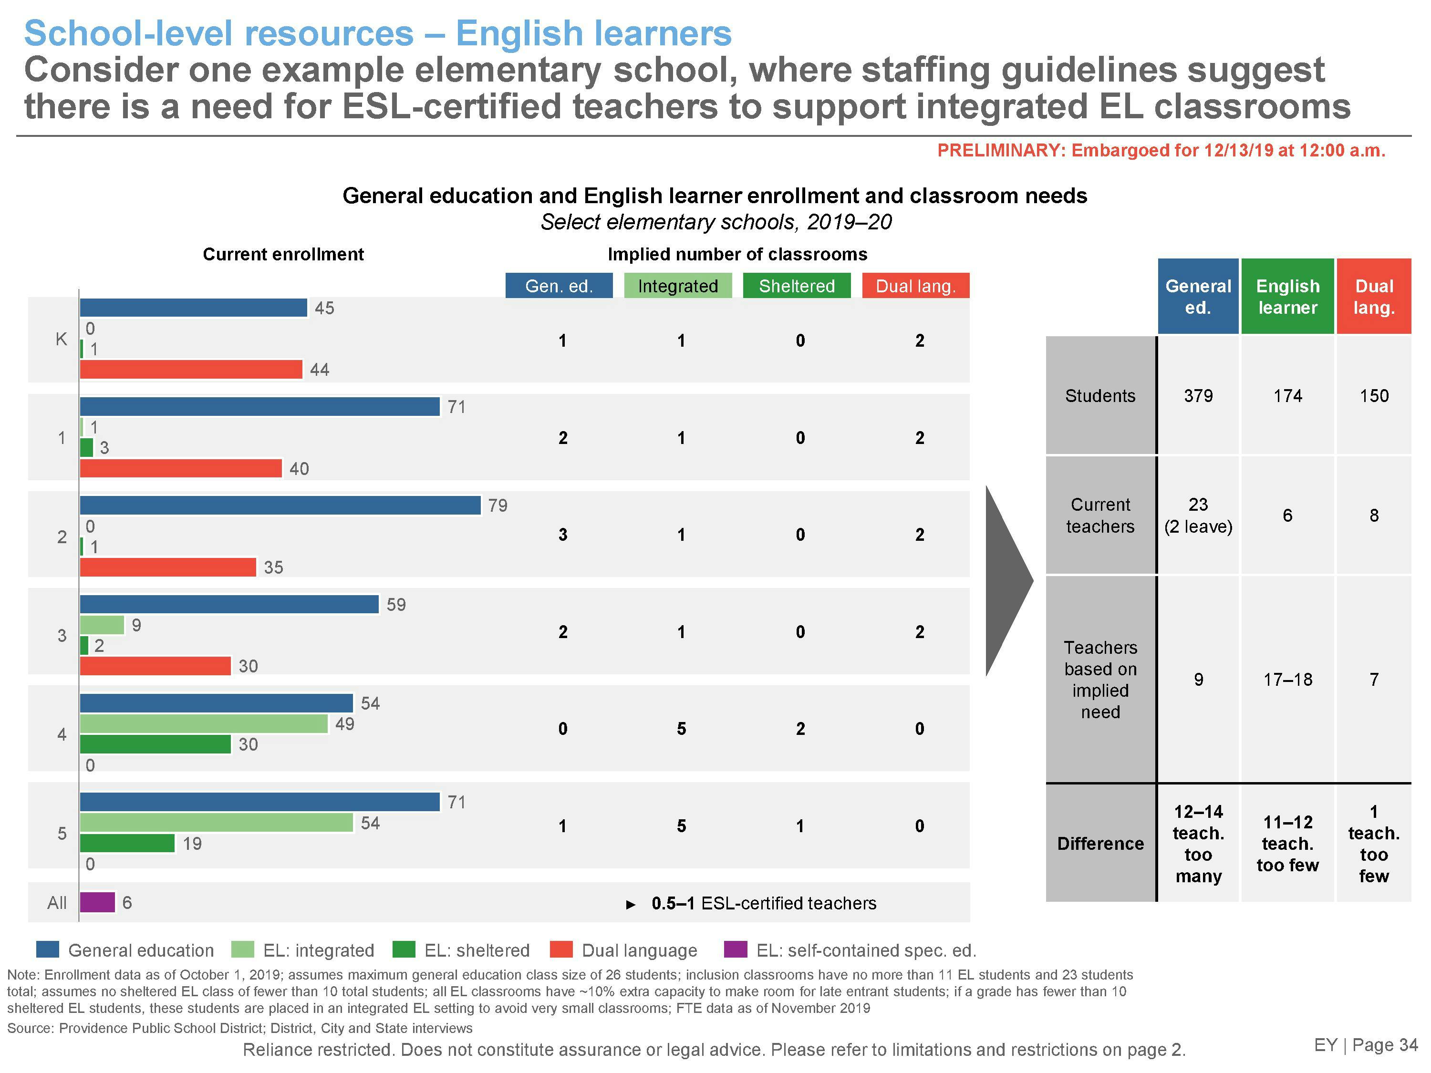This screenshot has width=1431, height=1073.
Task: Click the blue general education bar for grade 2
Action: point(280,505)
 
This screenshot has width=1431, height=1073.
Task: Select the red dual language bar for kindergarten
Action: point(191,369)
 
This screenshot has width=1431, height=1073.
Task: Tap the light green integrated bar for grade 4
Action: point(204,724)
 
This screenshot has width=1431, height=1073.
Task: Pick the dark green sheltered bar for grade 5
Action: point(127,844)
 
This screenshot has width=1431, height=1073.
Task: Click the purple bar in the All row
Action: point(97,902)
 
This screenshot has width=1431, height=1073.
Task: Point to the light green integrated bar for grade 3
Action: point(102,625)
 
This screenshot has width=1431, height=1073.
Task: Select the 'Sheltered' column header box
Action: point(797,286)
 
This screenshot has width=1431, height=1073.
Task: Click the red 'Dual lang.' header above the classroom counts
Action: point(915,286)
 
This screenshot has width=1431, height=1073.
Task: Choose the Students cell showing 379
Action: point(1198,396)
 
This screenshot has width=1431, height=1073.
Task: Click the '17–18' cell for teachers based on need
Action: point(1287,679)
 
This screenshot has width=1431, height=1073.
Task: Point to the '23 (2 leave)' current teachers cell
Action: point(1198,516)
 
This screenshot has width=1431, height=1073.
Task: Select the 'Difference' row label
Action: point(1100,844)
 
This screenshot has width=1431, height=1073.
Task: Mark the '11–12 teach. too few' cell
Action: point(1287,844)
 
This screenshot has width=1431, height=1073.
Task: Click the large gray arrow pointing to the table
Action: point(1007,581)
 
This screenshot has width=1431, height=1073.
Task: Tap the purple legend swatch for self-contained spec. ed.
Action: point(735,949)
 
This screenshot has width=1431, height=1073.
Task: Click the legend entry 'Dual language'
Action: point(639,950)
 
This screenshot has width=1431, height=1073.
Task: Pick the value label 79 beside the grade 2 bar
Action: point(498,505)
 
